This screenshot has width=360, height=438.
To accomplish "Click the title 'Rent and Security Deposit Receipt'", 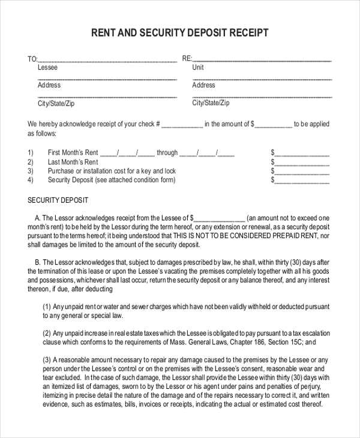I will coord(179,32).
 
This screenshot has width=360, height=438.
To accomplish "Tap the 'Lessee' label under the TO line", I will coord(48,68).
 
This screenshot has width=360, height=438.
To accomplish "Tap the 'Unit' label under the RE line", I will coord(198,68).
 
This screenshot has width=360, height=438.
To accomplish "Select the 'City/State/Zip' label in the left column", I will coord(56,103).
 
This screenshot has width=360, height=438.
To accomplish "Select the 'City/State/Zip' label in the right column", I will coord(211,103).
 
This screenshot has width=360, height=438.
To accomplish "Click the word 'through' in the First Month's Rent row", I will coord(167,153).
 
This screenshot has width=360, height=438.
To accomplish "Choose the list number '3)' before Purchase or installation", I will coord(31,171).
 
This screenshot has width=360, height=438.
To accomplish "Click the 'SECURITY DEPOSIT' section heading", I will coord(58,200).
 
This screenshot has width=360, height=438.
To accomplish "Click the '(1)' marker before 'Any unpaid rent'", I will coord(47,306).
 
